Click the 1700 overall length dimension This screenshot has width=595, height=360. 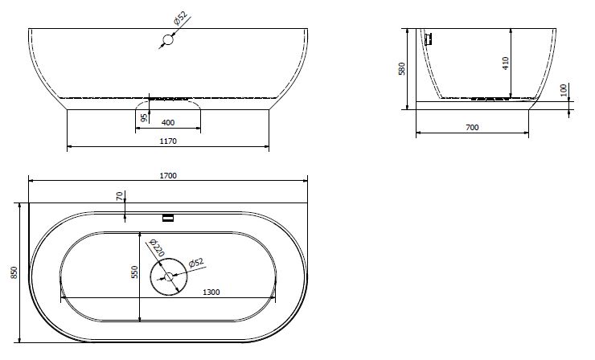pyautogui.click(x=168, y=176)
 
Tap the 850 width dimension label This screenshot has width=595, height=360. pyautogui.click(x=14, y=272)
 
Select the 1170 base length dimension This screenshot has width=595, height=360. pyautogui.click(x=168, y=141)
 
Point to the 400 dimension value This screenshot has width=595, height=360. pyautogui.click(x=168, y=122)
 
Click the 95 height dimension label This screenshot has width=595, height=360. pyautogui.click(x=144, y=117)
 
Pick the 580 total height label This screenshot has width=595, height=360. pyautogui.click(x=402, y=68)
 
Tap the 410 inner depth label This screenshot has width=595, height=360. pyautogui.click(x=506, y=63)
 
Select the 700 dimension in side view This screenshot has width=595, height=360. pyautogui.click(x=472, y=128)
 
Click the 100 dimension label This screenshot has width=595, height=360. pyautogui.click(x=564, y=90)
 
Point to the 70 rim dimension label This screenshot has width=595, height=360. pyautogui.click(x=120, y=196)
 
